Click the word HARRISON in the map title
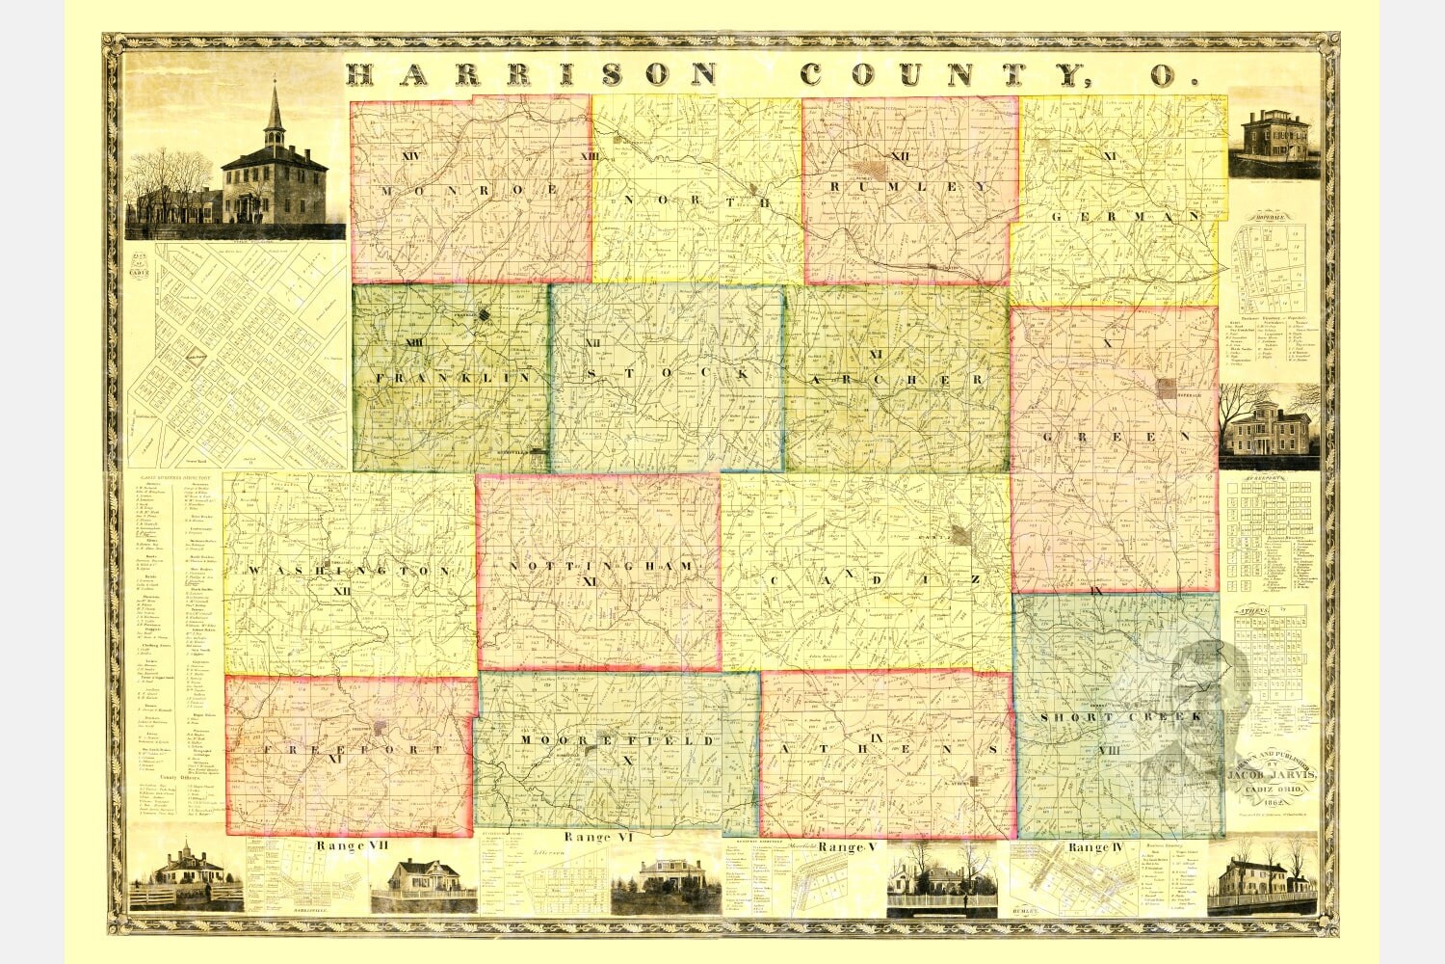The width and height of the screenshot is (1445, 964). pyautogui.click(x=532, y=74)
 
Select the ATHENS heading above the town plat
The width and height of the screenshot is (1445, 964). pyautogui.click(x=1256, y=611)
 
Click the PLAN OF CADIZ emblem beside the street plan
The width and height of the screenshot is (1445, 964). pyautogui.click(x=143, y=263)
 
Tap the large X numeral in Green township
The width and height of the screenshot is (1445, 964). pyautogui.click(x=1107, y=343)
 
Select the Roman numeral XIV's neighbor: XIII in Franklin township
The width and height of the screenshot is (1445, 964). pyautogui.click(x=415, y=343)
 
